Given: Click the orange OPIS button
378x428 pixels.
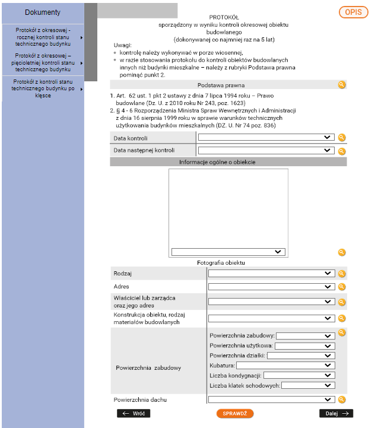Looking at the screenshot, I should (354, 12).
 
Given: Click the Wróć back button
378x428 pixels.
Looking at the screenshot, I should (133, 413).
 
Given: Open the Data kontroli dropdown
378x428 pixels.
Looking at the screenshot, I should (265, 137).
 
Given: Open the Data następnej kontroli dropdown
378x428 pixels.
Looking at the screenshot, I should (265, 151).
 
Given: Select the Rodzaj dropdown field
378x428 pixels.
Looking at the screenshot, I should (271, 274).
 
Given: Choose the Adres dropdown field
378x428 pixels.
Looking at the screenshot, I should (271, 287).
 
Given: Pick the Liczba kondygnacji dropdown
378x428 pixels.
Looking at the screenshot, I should (298, 375).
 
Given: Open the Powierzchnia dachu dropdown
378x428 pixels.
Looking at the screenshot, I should (271, 400).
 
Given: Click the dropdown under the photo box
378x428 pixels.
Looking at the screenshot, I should (228, 252).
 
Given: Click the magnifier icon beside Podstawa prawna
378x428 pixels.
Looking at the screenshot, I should (342, 85).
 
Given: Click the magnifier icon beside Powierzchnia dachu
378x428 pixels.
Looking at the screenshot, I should (342, 400).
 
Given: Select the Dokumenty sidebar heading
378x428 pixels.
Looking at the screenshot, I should (43, 12).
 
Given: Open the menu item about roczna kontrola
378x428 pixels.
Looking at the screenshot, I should (43, 37).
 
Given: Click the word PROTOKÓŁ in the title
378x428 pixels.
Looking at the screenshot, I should (224, 18).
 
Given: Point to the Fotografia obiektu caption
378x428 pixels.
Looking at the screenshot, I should (221, 262).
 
